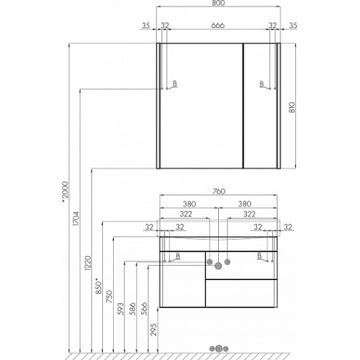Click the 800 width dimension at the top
[x=218, y=3]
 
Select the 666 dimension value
[x=217, y=25]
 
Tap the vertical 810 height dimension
[x=292, y=107]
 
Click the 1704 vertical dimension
[x=76, y=218]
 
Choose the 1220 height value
[x=88, y=263]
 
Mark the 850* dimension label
[x=99, y=286]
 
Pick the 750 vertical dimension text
[x=109, y=296]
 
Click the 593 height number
[x=121, y=309]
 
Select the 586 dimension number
[x=132, y=309]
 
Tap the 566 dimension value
[x=144, y=309]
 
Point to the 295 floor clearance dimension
[x=154, y=330]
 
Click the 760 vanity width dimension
[x=219, y=192]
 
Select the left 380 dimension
[x=189, y=204]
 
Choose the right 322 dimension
[x=249, y=214]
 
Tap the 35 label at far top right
[x=293, y=25]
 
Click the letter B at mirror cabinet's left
[x=175, y=84]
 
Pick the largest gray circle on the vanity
[x=218, y=266]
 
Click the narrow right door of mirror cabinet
[x=261, y=106]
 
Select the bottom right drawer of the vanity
[x=241, y=293]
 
